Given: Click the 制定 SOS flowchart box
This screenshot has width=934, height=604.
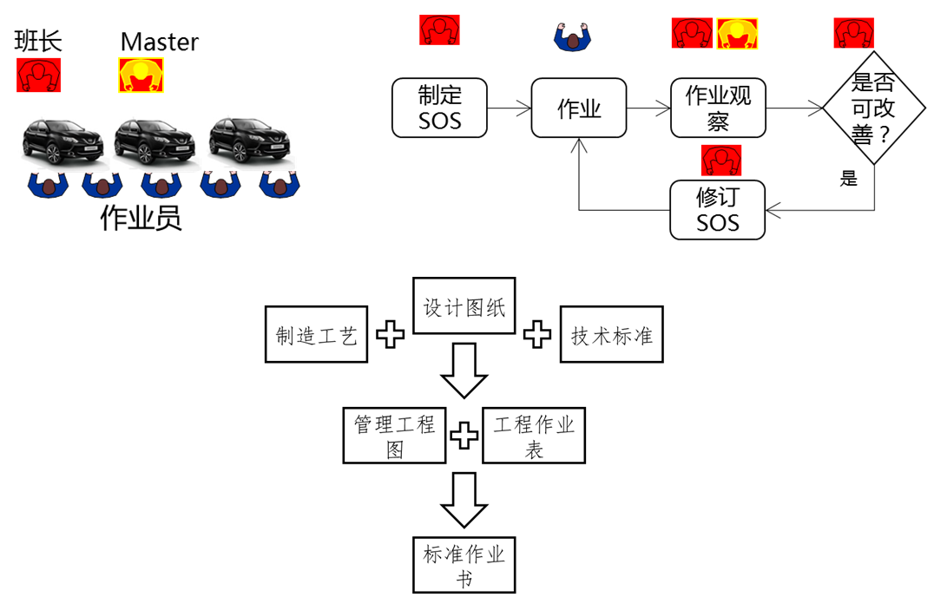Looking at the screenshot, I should [x=439, y=108].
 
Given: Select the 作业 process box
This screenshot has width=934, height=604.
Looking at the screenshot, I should [x=578, y=108].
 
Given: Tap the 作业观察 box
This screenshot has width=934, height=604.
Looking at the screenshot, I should [x=718, y=108].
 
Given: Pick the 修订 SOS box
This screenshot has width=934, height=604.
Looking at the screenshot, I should [x=718, y=209].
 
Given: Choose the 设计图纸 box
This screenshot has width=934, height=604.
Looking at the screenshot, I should [x=464, y=306].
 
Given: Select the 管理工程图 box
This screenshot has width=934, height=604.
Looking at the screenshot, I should [x=394, y=435].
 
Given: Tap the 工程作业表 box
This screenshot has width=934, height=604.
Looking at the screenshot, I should [x=534, y=435].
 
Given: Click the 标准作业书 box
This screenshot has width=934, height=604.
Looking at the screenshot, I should [x=464, y=565].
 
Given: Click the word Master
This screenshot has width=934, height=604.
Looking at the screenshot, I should [x=159, y=42].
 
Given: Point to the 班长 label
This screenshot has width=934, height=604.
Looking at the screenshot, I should [x=39, y=41].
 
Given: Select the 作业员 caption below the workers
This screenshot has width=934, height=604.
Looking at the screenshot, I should [x=141, y=218].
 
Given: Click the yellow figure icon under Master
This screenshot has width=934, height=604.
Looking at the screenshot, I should [x=141, y=75].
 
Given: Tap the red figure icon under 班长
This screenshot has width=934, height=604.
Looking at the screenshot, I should [x=38, y=75].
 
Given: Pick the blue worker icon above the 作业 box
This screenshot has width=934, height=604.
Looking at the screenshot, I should [x=573, y=35].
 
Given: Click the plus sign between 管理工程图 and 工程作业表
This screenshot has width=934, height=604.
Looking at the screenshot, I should [x=464, y=435].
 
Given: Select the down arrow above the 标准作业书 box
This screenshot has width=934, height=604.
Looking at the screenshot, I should [x=464, y=500].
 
